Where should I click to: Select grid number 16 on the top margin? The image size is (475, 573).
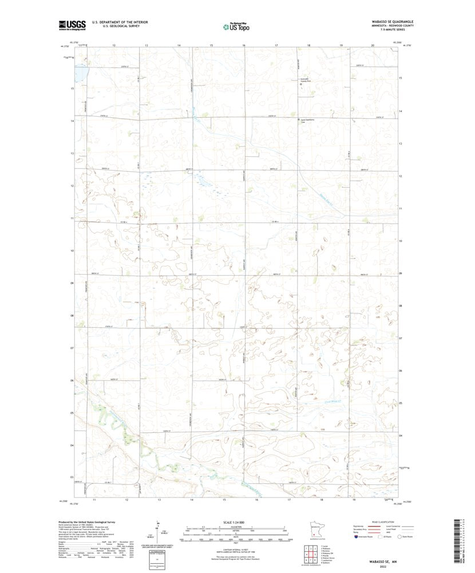244,45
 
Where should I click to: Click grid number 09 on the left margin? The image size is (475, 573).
72,282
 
